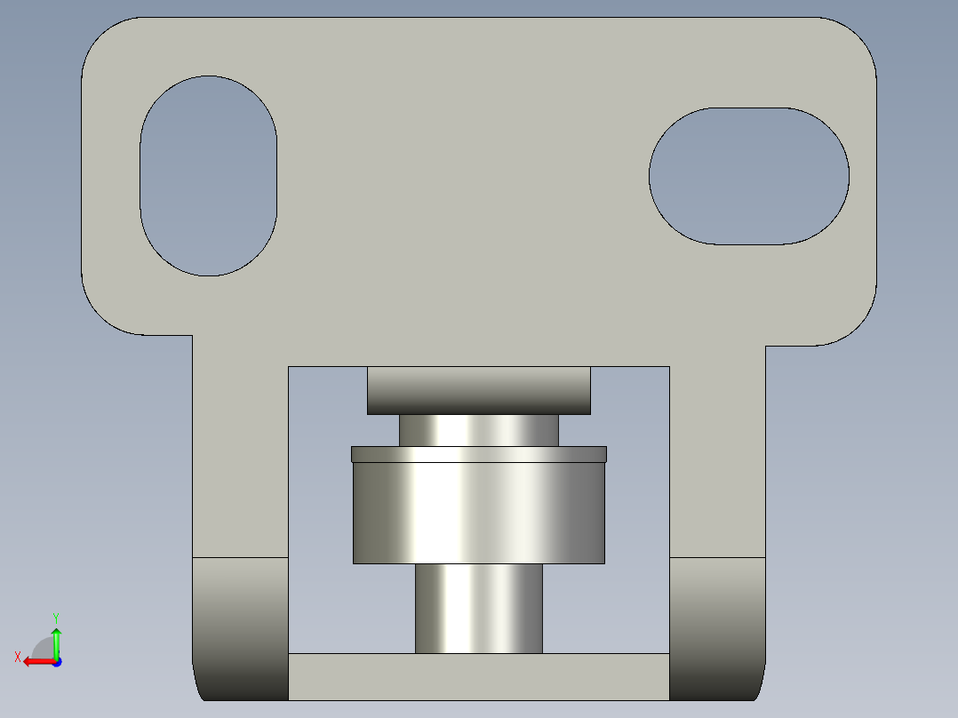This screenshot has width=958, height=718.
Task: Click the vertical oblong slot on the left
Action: (208, 176)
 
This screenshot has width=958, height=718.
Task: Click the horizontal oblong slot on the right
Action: (748, 176)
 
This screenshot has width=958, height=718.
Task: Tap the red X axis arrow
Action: (36, 661)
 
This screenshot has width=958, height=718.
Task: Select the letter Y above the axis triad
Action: (55, 617)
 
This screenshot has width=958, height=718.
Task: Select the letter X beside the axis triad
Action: (17, 658)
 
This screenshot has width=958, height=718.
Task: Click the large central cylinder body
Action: (479, 514)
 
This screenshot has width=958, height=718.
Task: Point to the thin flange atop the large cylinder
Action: (479, 454)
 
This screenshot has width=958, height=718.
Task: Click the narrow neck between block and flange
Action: (479, 430)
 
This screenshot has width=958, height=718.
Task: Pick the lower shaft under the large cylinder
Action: (479, 609)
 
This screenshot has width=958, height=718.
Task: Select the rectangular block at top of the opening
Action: (479, 390)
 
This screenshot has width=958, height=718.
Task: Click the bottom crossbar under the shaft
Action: (479, 676)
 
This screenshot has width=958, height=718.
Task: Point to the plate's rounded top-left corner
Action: (103, 39)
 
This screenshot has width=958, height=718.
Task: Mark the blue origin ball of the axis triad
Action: (56, 661)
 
